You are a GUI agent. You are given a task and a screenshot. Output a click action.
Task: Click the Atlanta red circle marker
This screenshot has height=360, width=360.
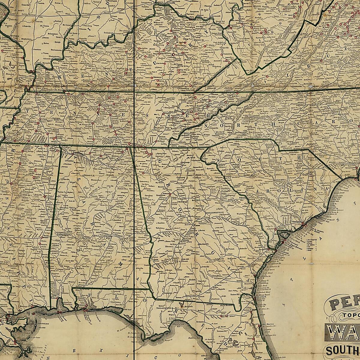[170, 194]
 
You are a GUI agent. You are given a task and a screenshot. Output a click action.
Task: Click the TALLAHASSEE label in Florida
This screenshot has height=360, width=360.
[164, 308]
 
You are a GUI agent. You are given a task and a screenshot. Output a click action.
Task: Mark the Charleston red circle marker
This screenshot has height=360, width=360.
[304, 223]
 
